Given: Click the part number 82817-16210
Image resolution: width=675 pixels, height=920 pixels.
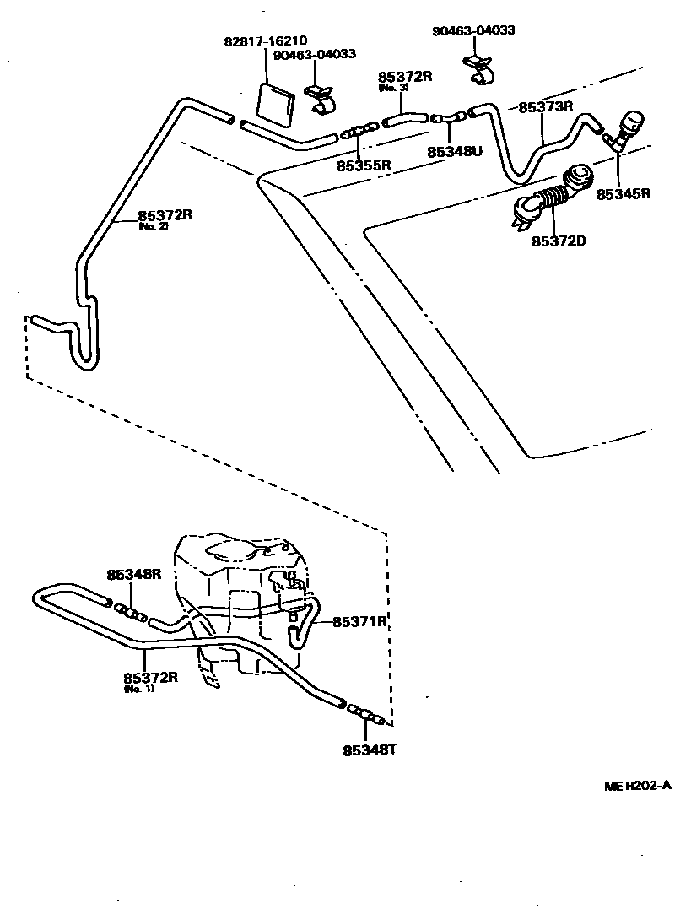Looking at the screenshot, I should pyautogui.click(x=266, y=41).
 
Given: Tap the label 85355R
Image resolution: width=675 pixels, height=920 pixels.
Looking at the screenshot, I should pyautogui.click(x=364, y=165).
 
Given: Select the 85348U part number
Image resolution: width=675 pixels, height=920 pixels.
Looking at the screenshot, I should pyautogui.click(x=454, y=152).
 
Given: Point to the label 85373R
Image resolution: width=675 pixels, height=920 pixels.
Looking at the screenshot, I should pyautogui.click(x=546, y=107).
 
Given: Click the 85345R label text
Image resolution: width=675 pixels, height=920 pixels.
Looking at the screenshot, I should pyautogui.click(x=624, y=193).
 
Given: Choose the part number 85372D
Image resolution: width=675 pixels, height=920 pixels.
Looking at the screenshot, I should pyautogui.click(x=559, y=242).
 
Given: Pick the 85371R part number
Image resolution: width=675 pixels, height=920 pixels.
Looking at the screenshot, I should pyautogui.click(x=359, y=622).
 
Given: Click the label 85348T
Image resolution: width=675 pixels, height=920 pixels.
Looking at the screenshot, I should pyautogui.click(x=370, y=749).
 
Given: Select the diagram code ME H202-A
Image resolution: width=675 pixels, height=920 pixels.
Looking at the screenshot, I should pyautogui.click(x=637, y=786).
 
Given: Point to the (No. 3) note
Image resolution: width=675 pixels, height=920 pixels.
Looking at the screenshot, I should pyautogui.click(x=393, y=88).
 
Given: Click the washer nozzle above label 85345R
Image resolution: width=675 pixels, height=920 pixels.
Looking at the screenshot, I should pyautogui.click(x=629, y=127).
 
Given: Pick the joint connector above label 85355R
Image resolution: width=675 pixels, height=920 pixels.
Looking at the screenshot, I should pyautogui.click(x=361, y=132).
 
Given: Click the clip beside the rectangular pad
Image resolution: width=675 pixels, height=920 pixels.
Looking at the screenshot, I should pyautogui.click(x=321, y=99).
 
